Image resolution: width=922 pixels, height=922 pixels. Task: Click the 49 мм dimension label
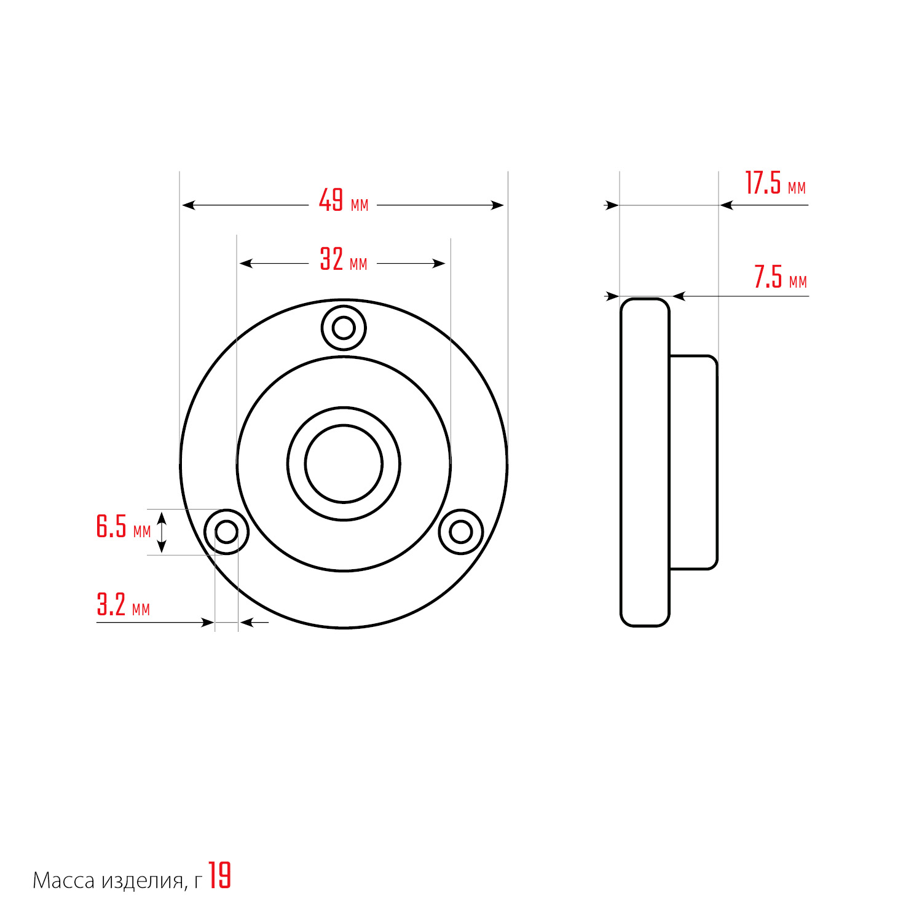tap(344, 200)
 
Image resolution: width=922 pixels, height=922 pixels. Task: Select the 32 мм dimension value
tap(344, 259)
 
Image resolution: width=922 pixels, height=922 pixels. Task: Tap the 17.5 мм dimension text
tap(776, 183)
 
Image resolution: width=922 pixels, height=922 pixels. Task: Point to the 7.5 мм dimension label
tap(781, 277)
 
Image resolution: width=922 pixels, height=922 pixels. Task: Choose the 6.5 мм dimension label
tap(124, 527)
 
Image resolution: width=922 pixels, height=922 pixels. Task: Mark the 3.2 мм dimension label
tap(124, 604)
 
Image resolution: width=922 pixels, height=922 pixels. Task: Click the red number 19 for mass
tap(219, 876)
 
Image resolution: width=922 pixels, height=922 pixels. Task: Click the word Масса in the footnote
tap(63, 881)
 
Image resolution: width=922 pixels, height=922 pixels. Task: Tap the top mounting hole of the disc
tap(344, 328)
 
